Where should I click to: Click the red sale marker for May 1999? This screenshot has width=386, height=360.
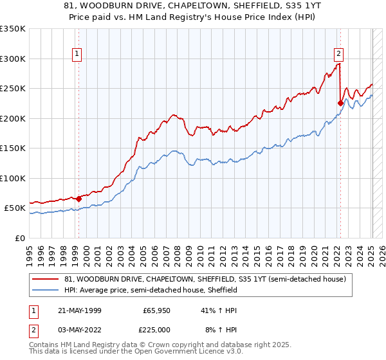(x=79, y=199)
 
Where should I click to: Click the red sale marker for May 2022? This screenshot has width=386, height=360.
(x=340, y=102)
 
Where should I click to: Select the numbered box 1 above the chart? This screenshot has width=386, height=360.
(x=77, y=55)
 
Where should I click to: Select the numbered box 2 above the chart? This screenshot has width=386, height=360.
(x=338, y=55)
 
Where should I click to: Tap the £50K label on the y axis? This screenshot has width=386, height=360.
(x=15, y=208)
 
